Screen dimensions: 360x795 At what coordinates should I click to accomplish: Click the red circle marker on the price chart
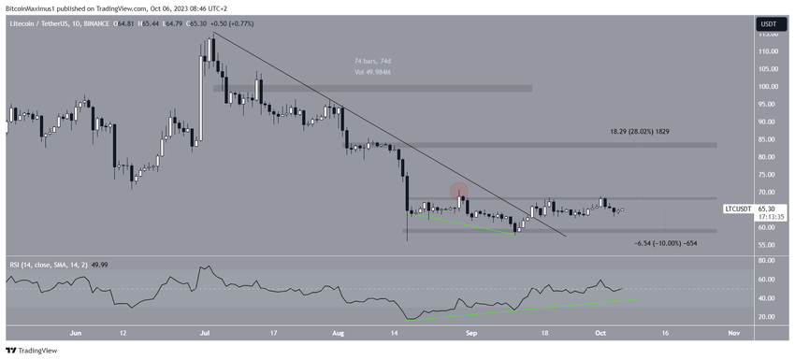pos(459,191)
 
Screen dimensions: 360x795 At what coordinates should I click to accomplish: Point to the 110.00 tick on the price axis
pos(770,50)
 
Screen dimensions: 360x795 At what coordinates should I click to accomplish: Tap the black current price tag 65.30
pos(770,209)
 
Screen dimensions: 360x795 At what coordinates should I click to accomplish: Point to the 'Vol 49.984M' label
pos(366,71)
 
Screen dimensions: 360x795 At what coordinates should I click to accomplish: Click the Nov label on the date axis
pos(734,331)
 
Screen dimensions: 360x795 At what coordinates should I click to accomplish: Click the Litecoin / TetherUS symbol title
pos(46,23)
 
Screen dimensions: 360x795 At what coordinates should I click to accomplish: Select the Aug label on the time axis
pos(337,331)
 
